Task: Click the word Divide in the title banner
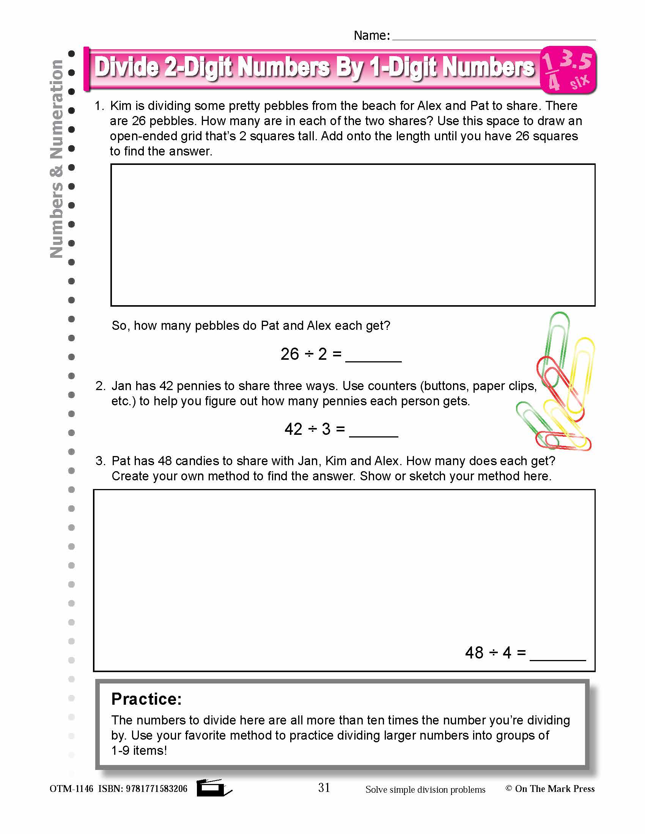click(126, 67)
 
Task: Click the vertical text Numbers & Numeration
click(57, 158)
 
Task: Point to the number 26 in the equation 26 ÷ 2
click(289, 354)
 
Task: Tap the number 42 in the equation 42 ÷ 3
click(293, 429)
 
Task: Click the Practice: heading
click(146, 699)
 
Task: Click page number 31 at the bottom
click(324, 787)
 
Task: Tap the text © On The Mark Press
click(550, 789)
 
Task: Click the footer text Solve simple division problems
click(425, 790)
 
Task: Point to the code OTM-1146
click(71, 789)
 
